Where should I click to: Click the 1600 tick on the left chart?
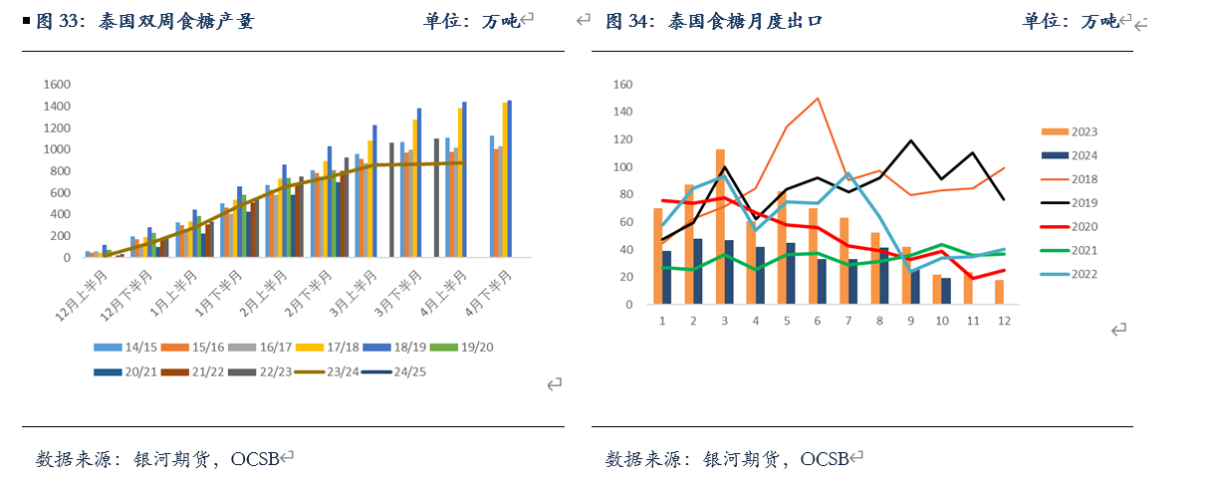[x=55, y=85]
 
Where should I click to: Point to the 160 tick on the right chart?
[x=623, y=85]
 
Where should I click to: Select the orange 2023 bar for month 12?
[x=999, y=292]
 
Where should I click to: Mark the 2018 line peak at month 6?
[x=818, y=98]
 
